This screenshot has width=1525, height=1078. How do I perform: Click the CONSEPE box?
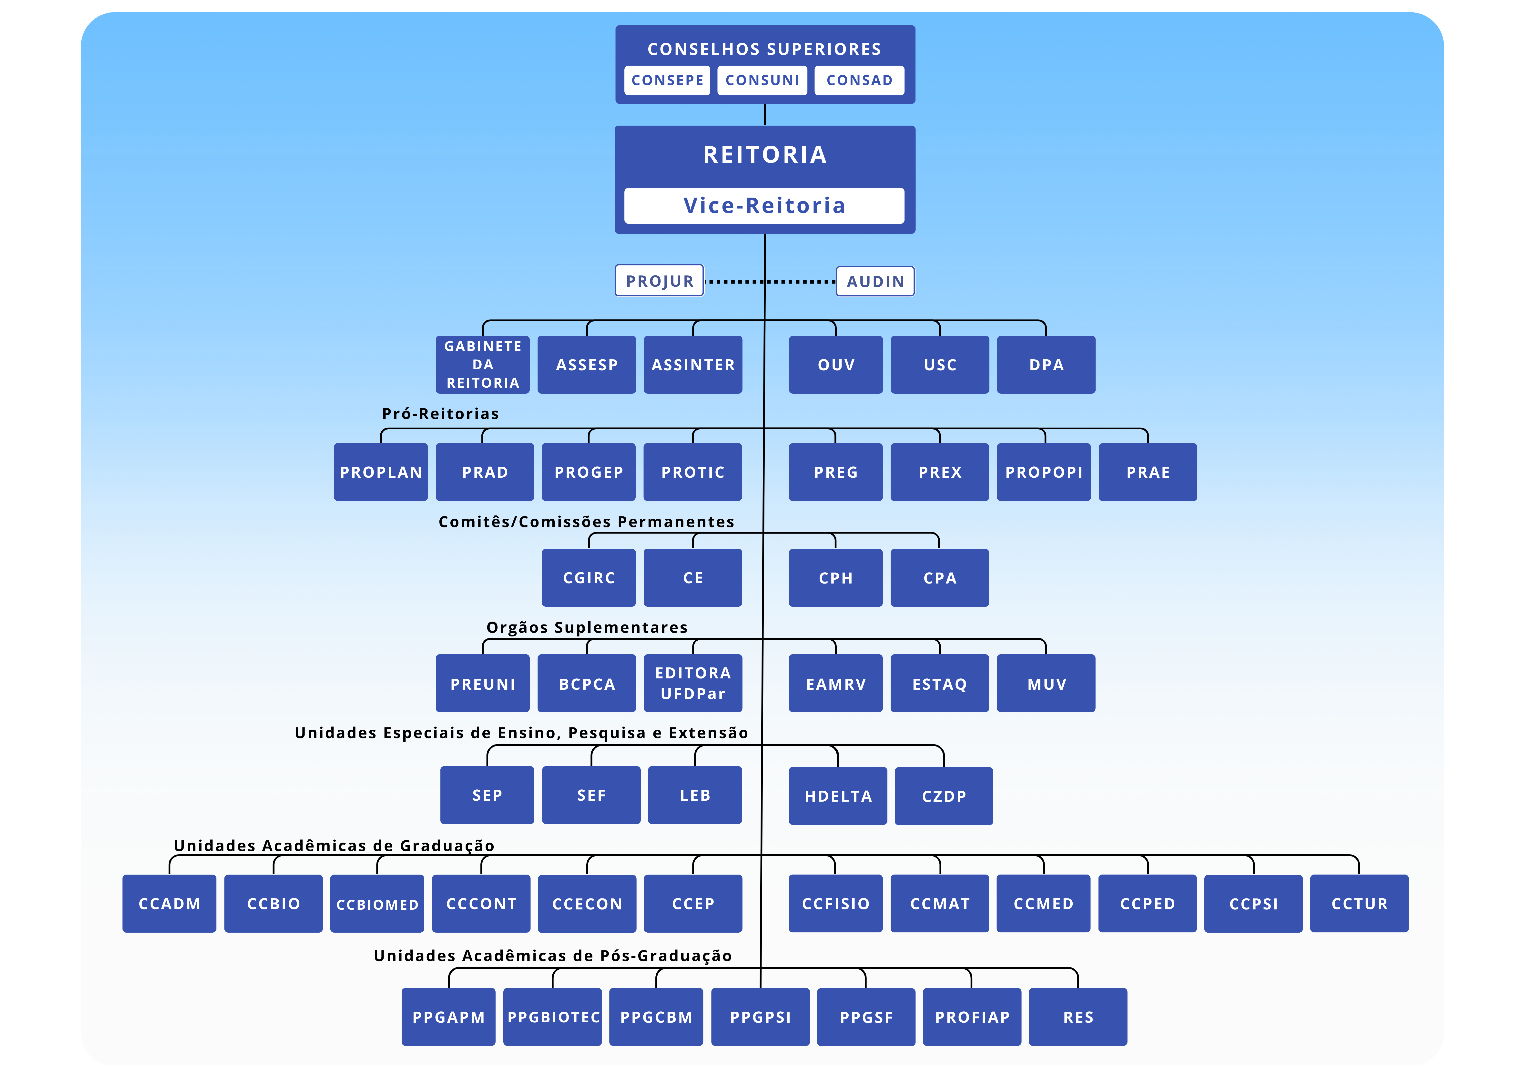pyautogui.click(x=667, y=80)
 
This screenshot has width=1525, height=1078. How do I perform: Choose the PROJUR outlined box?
pyautogui.click(x=659, y=281)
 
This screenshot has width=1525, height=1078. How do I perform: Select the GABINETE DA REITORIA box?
pyautogui.click(x=483, y=365)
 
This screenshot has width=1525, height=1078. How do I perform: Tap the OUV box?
pyautogui.click(x=835, y=365)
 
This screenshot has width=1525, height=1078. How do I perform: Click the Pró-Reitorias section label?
pyautogui.click(x=440, y=414)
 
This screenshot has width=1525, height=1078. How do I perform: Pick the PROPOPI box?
pyautogui.click(x=1043, y=472)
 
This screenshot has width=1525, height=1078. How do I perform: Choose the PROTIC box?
pyautogui.click(x=693, y=472)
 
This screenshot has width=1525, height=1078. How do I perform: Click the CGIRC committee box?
pyautogui.click(x=589, y=578)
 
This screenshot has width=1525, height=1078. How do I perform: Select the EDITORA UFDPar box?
pyautogui.click(x=693, y=684)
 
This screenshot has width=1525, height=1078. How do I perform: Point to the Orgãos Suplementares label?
pyautogui.click(x=587, y=628)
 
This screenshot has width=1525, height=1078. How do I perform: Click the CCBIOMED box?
pyautogui.click(x=377, y=904)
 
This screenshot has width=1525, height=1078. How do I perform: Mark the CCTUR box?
pyautogui.click(x=1359, y=904)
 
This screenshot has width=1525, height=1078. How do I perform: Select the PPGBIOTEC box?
pyautogui.click(x=553, y=1017)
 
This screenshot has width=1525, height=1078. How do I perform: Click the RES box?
pyautogui.click(x=1077, y=1017)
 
